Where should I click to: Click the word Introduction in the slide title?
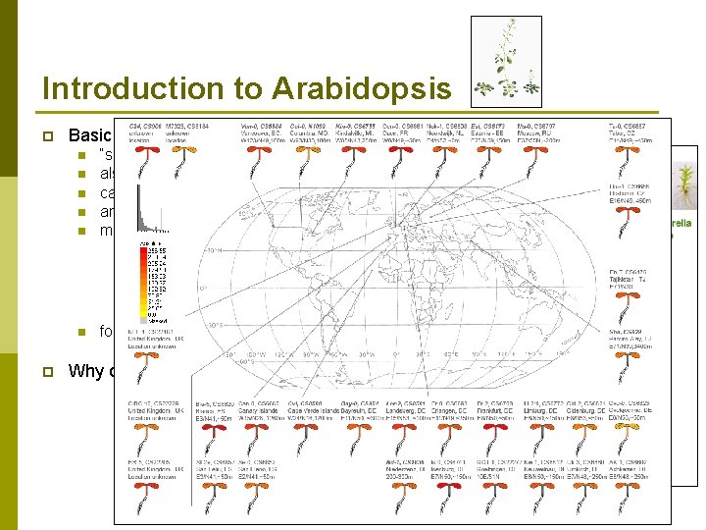146,88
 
